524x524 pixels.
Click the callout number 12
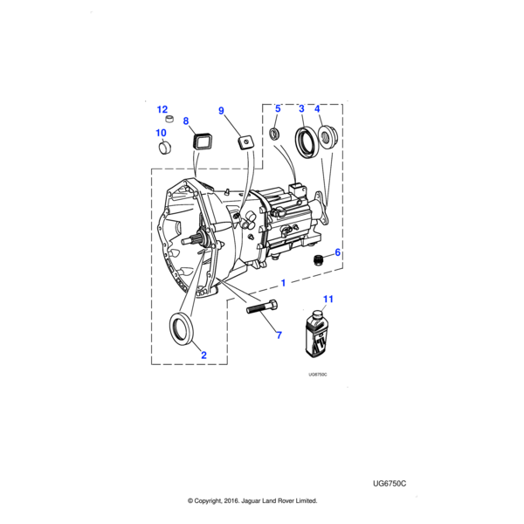click(162, 109)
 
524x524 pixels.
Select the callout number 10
click(161, 133)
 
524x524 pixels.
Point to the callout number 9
click(221, 111)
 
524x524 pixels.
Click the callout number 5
click(278, 108)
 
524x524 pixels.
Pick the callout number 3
click(301, 108)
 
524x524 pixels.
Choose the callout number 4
click(318, 108)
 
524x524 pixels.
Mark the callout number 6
click(337, 252)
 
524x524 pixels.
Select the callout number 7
click(279, 334)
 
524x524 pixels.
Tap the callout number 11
click(328, 300)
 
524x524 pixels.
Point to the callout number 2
click(203, 355)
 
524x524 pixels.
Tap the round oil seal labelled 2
click(183, 329)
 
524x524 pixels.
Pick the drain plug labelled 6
click(320, 259)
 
